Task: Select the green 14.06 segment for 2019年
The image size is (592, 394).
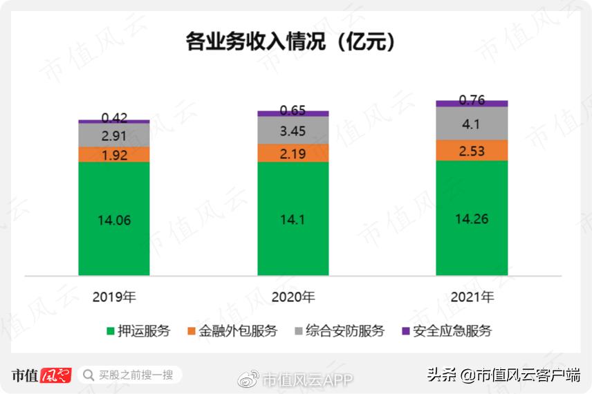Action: tap(114, 220)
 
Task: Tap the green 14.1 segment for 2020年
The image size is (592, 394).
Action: tap(293, 220)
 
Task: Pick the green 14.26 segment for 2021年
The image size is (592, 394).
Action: tap(472, 218)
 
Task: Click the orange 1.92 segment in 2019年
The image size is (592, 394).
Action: tap(114, 155)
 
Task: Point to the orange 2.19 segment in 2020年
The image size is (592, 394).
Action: tap(293, 153)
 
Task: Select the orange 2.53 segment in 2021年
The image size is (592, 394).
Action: tap(472, 151)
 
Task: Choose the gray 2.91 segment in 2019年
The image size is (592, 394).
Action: tap(114, 135)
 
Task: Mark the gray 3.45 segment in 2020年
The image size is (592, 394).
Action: tap(293, 130)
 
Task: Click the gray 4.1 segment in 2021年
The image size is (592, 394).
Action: tap(472, 124)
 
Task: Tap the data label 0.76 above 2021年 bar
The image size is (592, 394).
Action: tap(472, 100)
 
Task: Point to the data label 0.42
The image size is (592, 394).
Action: tap(114, 118)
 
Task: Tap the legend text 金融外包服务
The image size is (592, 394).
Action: tap(238, 331)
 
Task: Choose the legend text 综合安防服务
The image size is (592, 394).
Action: tap(345, 331)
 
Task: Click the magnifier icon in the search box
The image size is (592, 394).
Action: tap(89, 375)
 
